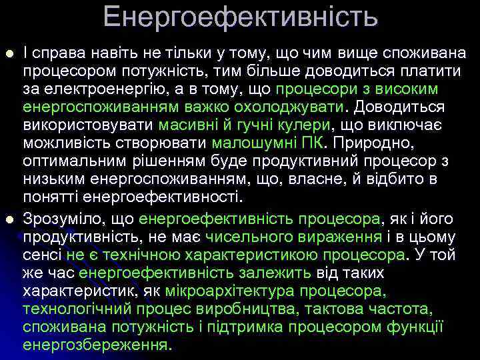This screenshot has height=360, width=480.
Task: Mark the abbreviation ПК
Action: click(x=306, y=143)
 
